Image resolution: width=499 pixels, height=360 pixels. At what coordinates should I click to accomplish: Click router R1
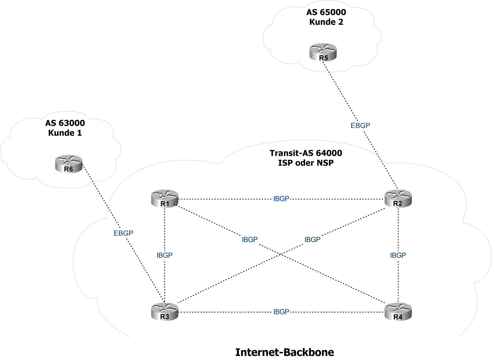(x=165, y=199)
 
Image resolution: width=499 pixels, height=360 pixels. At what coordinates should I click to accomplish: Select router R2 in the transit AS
(x=398, y=199)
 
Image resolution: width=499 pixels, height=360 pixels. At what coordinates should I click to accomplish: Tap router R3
(x=165, y=312)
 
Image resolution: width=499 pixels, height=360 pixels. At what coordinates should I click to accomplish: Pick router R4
(x=398, y=312)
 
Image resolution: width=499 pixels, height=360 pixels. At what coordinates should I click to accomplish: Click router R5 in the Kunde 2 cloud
(x=323, y=53)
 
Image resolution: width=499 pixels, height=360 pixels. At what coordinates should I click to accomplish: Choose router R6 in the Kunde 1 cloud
(x=69, y=164)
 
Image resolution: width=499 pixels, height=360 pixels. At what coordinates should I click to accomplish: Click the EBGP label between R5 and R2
(x=360, y=126)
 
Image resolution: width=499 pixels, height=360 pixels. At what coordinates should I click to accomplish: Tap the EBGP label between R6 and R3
(x=123, y=233)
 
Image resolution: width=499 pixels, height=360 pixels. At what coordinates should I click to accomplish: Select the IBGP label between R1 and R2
(x=281, y=199)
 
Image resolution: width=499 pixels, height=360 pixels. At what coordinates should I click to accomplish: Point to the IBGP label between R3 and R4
(x=281, y=312)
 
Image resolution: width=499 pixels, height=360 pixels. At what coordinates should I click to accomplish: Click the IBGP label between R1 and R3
(x=164, y=255)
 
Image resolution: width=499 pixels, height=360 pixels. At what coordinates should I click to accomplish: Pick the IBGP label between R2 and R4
(x=398, y=255)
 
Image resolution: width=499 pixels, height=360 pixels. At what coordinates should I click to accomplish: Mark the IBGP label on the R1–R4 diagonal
(x=250, y=240)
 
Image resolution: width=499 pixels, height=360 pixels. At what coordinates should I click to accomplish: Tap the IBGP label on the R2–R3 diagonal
(x=312, y=240)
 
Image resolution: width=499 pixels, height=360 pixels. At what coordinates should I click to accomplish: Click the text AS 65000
(x=326, y=12)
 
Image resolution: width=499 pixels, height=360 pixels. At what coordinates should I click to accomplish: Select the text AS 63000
(x=65, y=123)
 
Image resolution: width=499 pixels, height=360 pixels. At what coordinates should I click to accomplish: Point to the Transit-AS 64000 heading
(x=306, y=153)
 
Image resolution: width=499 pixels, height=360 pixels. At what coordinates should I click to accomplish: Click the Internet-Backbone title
(x=285, y=352)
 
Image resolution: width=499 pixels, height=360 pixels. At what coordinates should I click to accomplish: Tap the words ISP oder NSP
(x=306, y=163)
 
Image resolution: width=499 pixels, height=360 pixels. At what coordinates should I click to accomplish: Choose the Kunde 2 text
(x=326, y=22)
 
